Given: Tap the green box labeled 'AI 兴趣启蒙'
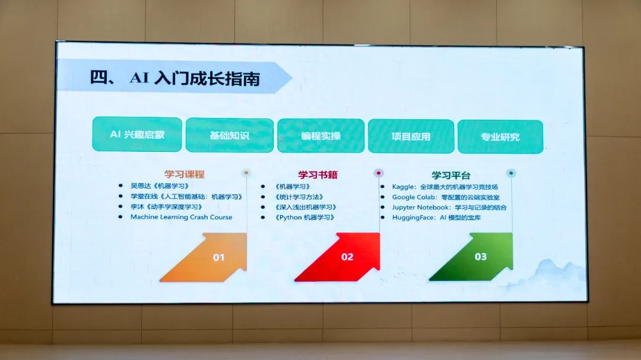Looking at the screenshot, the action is click(x=137, y=135).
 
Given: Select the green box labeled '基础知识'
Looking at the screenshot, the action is click(x=229, y=135).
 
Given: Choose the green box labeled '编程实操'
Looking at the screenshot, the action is click(x=320, y=136).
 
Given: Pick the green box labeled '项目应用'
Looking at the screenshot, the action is click(x=411, y=136).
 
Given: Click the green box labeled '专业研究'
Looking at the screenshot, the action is click(x=500, y=137).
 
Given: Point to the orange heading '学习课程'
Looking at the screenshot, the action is click(x=185, y=174).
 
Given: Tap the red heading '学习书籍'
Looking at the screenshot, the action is click(x=318, y=175).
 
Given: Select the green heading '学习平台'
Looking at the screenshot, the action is click(x=451, y=176).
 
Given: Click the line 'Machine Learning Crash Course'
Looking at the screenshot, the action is click(x=181, y=217).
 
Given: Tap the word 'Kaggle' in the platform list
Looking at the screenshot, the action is click(x=403, y=187).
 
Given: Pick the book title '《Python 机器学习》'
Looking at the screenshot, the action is click(x=304, y=218).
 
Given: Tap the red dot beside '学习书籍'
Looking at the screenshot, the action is click(x=379, y=173).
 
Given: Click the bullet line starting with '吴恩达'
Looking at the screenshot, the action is click(x=160, y=186).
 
